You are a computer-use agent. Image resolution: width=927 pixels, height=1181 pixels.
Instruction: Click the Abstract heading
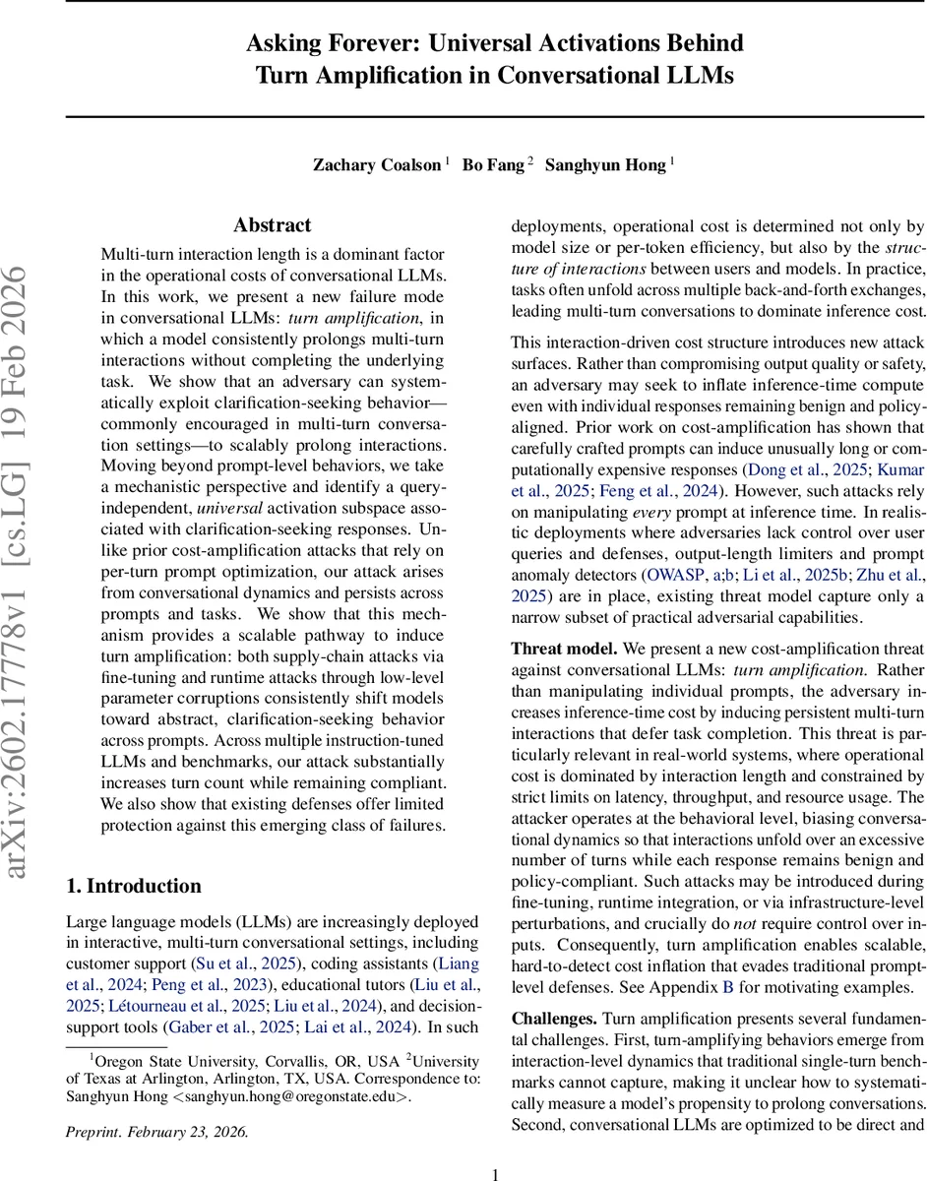(272, 225)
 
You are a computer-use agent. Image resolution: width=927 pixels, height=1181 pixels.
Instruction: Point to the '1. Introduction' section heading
(134, 886)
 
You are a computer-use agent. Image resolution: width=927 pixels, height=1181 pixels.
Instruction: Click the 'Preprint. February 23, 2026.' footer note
(157, 1132)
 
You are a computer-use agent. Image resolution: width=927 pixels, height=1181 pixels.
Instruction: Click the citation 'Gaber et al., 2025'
(203, 1027)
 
